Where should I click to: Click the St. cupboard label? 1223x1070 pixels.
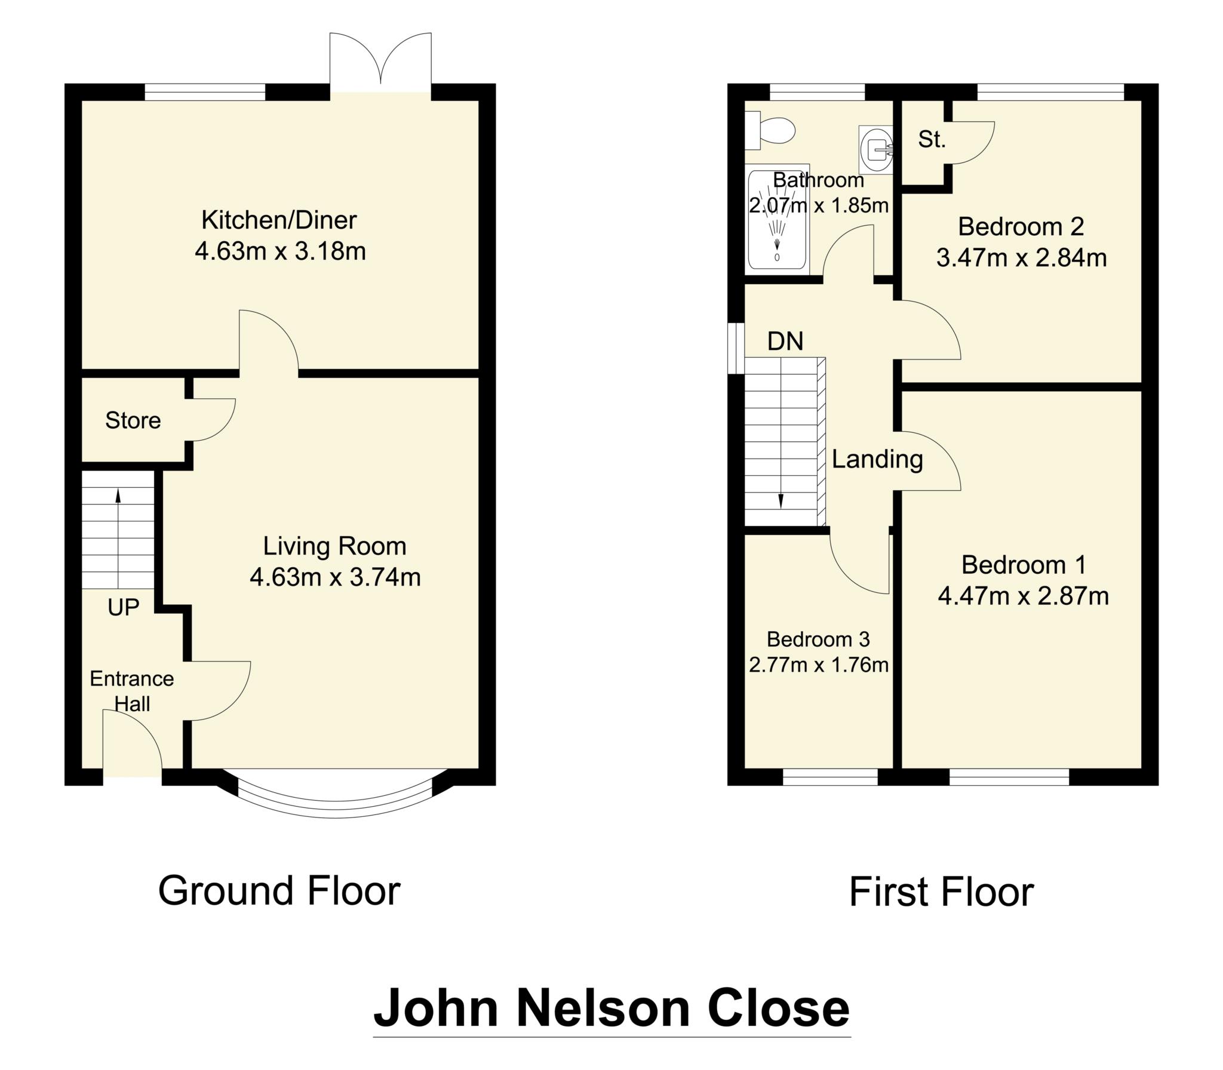pos(932,140)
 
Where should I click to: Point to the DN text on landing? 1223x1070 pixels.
pos(785,342)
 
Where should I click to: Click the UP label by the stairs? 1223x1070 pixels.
pos(124,607)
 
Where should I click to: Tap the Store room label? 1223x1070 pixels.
pos(133,420)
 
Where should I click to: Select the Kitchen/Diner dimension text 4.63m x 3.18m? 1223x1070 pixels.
pos(280,251)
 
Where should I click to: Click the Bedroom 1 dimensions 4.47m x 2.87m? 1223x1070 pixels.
pos(1023,596)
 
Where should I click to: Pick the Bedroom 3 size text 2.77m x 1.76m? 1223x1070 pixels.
pos(818,665)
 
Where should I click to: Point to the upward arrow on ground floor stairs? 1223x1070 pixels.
pos(118,496)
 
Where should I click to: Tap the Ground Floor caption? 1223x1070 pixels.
pos(279,891)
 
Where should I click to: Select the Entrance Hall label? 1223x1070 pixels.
pos(132,691)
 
